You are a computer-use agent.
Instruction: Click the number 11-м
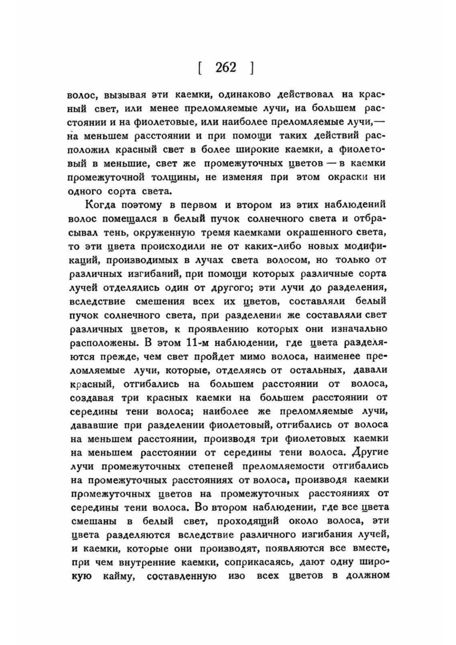[x=199, y=343]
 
